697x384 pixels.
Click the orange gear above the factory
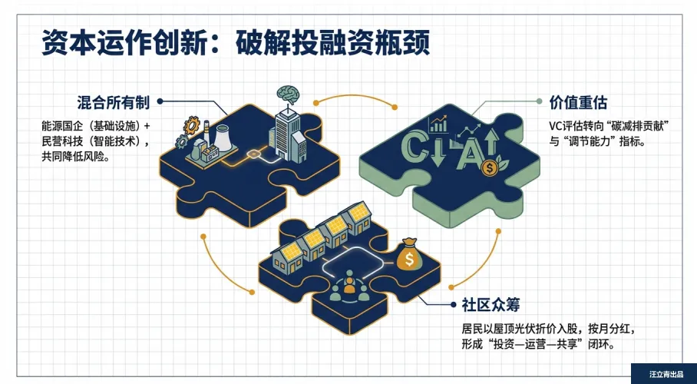point(192,124)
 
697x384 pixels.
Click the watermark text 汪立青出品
point(665,374)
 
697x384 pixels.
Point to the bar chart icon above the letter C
point(440,123)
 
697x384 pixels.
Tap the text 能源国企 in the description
point(60,126)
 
